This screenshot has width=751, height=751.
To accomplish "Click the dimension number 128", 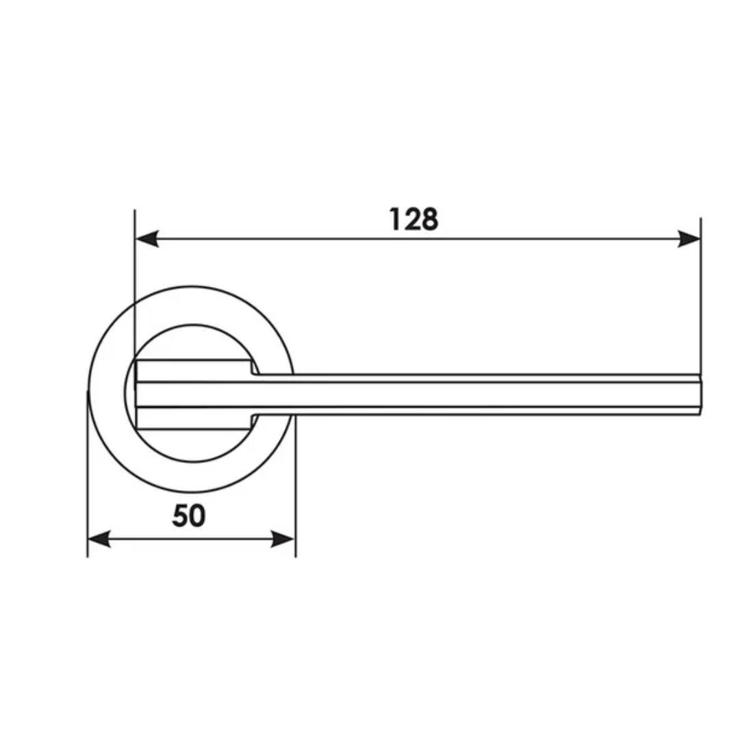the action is point(413,220).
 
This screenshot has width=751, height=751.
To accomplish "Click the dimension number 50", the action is point(189,515).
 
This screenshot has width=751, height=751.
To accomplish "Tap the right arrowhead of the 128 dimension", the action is point(689,238).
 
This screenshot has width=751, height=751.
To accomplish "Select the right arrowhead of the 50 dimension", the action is point(283,539).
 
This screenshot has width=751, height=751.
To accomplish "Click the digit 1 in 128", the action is point(396,220).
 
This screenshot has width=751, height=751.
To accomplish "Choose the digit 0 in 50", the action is point(197,515).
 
